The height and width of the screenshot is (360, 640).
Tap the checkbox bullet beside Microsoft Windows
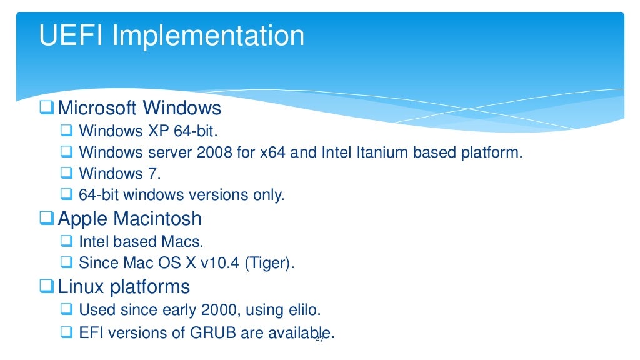pyautogui.click(x=47, y=108)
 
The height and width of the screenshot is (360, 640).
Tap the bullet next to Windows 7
pyautogui.click(x=67, y=173)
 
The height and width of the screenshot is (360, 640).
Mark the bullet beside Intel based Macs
pyautogui.click(x=67, y=241)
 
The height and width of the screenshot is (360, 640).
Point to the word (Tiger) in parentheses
pyautogui.click(x=269, y=263)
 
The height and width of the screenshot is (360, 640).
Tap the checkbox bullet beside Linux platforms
pyautogui.click(x=47, y=287)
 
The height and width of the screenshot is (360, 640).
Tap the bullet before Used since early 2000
pyautogui.click(x=67, y=309)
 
